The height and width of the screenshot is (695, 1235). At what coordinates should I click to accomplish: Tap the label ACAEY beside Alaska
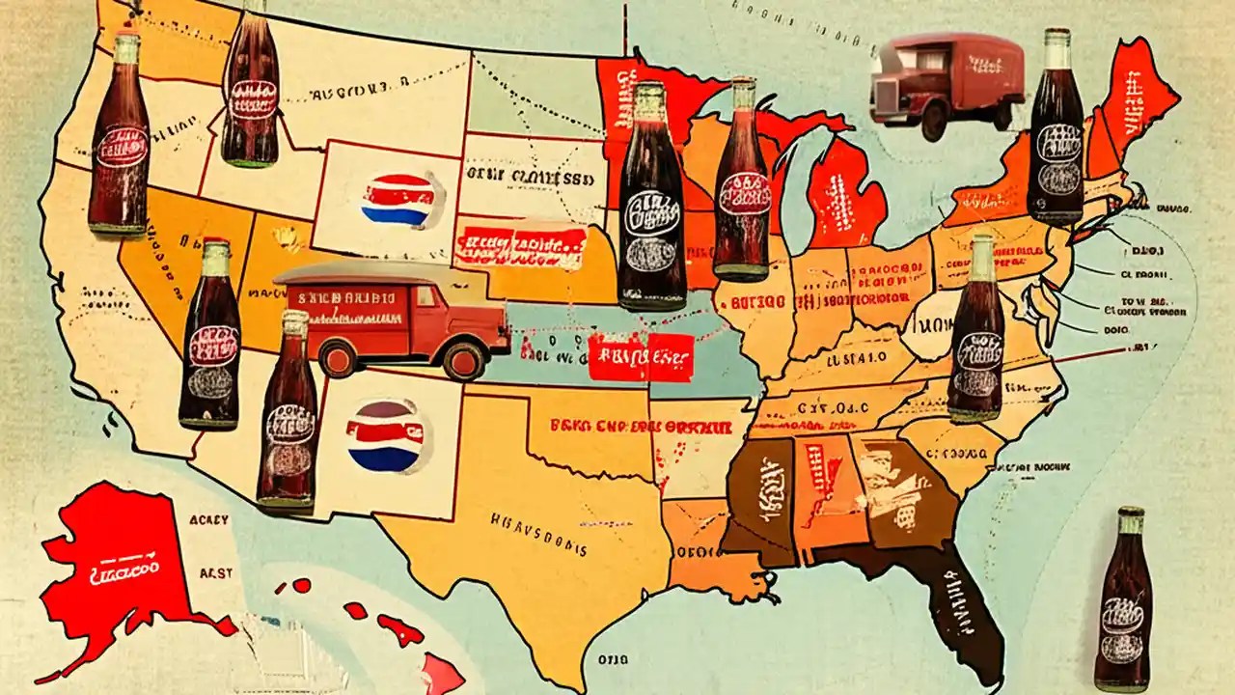tap(209, 520)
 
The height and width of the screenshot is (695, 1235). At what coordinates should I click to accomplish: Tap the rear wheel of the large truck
tap(338, 360)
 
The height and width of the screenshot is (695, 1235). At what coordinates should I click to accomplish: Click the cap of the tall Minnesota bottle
tap(649, 93)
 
